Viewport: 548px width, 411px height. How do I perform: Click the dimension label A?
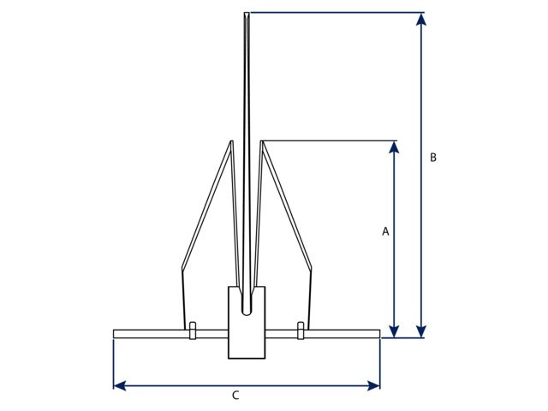point(385,231)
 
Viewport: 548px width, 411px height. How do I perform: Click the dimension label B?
point(433,158)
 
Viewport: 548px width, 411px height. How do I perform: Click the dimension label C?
point(235,396)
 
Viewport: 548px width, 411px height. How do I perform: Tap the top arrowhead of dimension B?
point(420,20)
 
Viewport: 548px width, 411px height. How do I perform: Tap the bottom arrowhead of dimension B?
point(420,331)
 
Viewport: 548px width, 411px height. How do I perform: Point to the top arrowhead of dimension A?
point(394,148)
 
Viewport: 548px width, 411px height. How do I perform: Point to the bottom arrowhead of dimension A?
point(394,331)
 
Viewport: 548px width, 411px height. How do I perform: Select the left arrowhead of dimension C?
point(120,386)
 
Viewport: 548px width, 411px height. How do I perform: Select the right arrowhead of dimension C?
point(374,386)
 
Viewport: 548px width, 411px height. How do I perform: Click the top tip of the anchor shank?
point(247,15)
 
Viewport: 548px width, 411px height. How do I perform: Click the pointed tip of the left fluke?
point(231,142)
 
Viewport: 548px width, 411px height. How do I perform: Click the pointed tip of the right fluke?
point(262,142)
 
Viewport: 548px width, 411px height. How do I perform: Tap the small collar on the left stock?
point(193,331)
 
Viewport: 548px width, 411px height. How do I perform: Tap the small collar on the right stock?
point(301,331)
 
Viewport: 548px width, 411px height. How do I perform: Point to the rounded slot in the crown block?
point(247,304)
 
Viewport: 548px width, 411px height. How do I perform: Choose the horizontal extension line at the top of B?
point(334,13)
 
